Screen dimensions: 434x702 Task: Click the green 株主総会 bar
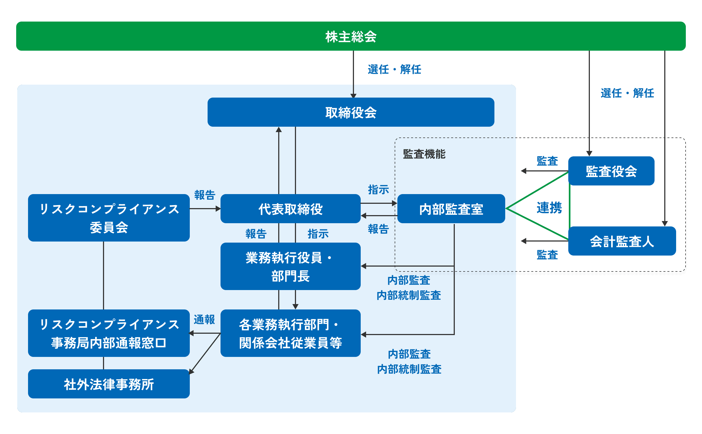coord(351,36)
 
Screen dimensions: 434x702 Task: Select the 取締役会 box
coord(351,112)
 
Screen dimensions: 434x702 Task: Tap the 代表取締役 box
coord(290,209)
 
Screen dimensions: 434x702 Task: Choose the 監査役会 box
coord(611,171)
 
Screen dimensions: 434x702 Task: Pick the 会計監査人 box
coord(622,241)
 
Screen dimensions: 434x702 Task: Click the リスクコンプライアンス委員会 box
coord(109,218)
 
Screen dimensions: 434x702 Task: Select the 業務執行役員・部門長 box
coord(290,266)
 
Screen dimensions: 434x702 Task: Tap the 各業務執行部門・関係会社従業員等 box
coord(290,333)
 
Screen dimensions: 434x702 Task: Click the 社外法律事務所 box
coord(109,384)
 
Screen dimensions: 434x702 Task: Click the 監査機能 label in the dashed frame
coord(424,154)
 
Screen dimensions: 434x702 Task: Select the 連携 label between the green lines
coord(549,208)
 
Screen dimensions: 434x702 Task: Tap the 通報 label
coord(204,319)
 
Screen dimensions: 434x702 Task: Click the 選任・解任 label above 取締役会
coord(394,70)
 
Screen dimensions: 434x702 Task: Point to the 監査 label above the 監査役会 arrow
coord(547,161)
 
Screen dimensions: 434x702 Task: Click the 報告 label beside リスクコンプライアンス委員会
coord(205,195)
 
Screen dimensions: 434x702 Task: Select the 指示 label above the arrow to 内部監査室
coord(378,190)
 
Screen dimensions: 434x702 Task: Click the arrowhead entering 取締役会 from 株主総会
coord(353,96)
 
